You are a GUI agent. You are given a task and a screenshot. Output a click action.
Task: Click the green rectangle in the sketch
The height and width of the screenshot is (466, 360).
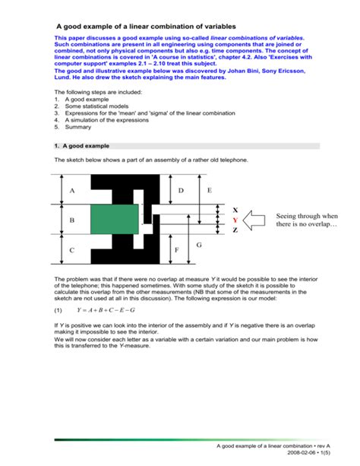point(115,219)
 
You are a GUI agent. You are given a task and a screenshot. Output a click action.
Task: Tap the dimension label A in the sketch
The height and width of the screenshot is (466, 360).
point(72,190)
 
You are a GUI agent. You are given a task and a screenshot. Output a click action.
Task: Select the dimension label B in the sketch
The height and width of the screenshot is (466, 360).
point(72,220)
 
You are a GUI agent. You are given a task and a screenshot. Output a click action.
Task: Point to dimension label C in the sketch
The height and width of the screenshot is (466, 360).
point(72,250)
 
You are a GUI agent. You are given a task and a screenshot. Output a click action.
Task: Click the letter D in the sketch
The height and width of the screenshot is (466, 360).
point(181,190)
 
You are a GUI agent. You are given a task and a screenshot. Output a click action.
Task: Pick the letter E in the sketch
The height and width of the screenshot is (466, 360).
point(209,190)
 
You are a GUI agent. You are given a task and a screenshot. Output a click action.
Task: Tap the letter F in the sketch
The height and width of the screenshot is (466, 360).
point(176,250)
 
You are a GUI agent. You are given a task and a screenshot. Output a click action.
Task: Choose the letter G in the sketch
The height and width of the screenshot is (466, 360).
point(199,245)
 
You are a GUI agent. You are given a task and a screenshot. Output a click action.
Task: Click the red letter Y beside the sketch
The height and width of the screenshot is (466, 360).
point(235,219)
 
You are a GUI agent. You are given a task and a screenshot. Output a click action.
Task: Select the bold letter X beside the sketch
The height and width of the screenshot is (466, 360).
point(235,209)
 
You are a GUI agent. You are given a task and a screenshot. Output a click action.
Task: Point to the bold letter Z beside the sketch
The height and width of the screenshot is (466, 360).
point(235,230)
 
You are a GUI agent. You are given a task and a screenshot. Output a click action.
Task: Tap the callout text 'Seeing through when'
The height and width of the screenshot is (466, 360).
point(307,215)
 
